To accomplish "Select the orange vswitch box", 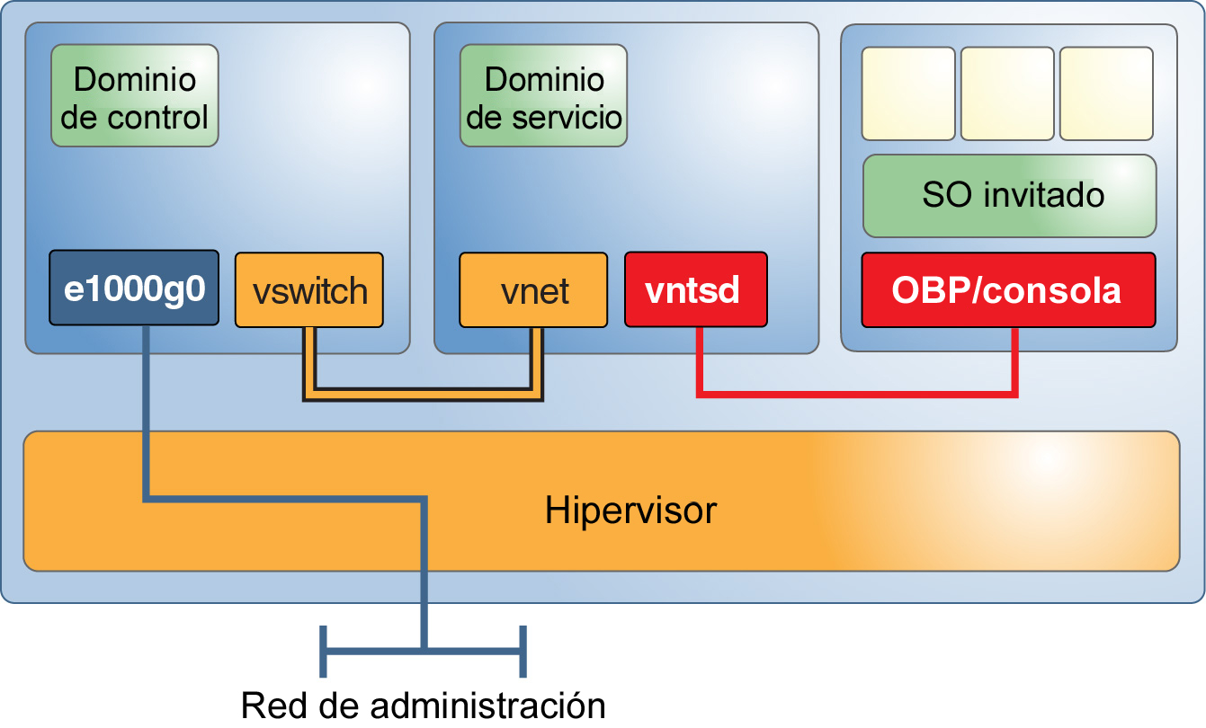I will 309,290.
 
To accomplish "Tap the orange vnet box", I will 532,290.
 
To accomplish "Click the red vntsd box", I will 695,289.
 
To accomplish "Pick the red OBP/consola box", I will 1007,289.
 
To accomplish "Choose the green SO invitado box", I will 1008,195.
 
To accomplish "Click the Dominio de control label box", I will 134,96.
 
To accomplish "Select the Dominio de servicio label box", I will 543,96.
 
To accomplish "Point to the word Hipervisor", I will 630,510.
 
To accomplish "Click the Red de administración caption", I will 423,706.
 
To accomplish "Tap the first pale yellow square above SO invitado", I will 908,93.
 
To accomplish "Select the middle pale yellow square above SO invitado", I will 1007,93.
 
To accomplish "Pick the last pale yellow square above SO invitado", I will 1106,93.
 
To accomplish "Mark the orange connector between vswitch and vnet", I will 423,395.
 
